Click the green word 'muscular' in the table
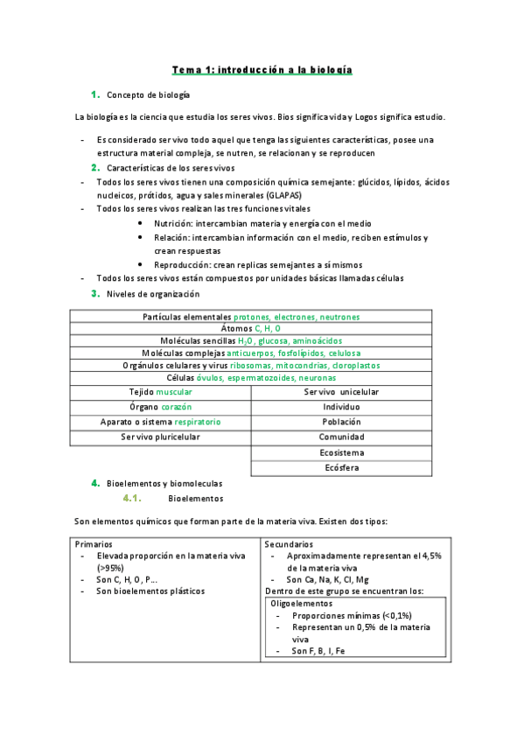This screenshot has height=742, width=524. point(174,393)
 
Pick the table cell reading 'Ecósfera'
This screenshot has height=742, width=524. point(340,467)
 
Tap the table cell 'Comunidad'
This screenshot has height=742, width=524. point(340,437)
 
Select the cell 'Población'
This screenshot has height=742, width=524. point(340,422)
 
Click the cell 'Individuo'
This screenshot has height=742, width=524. point(340,408)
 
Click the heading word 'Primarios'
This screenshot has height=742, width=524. point(94,544)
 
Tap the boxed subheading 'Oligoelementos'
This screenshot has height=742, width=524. point(299,604)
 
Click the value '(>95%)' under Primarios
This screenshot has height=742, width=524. point(112,568)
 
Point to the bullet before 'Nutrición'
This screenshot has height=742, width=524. point(141,224)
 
